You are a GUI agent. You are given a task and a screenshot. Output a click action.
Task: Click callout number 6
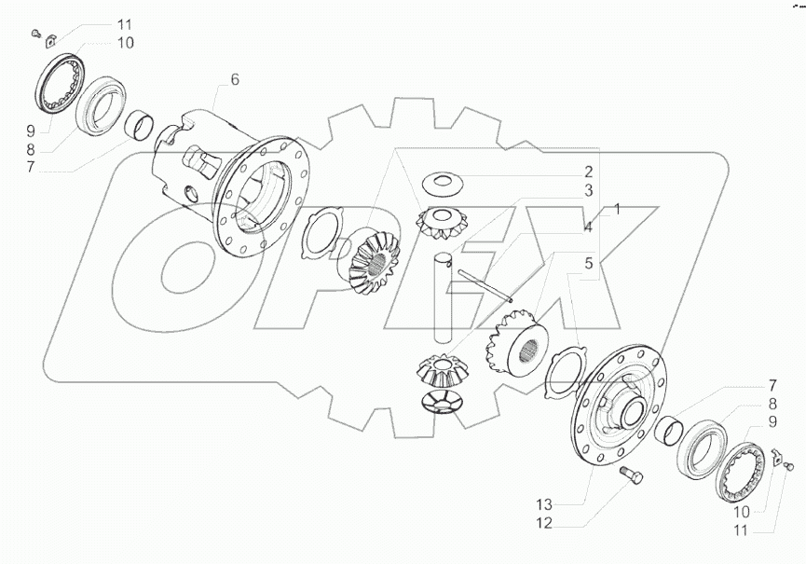coord(234,80)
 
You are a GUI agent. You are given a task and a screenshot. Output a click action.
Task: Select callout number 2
coord(589,171)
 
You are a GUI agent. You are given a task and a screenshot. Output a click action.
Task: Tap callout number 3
coord(589,190)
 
